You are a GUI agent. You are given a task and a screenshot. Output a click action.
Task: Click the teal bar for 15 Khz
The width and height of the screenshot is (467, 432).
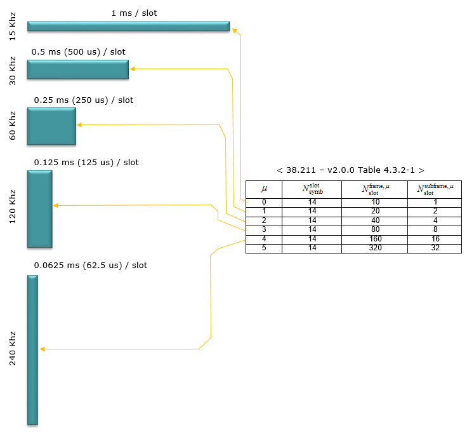coord(128,26)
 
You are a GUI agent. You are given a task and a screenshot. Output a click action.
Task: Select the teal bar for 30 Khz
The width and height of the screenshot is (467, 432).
coord(78,69)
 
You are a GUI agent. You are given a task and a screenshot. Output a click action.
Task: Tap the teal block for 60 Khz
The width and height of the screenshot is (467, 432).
coord(51,126)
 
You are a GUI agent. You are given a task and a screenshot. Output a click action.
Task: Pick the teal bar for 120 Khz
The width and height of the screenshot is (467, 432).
coord(39,209)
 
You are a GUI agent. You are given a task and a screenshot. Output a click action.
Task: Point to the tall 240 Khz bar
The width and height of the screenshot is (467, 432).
coord(32,350)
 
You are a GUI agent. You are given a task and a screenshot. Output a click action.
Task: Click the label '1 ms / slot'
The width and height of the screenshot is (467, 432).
coord(134,13)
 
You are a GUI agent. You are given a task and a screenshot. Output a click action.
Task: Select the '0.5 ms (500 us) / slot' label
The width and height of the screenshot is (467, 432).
coord(78,52)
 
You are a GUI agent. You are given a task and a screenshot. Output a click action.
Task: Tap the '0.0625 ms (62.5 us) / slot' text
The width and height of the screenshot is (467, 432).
coord(91,266)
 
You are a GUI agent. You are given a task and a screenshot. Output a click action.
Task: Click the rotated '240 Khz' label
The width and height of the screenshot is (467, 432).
coord(12,348)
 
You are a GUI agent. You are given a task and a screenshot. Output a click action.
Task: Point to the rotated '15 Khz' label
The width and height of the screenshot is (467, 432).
coord(12,26)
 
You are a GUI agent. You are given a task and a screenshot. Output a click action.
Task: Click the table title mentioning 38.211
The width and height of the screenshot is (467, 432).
coord(350,170)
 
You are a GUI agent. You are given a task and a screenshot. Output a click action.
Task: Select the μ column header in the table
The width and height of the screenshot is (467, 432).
coord(264,189)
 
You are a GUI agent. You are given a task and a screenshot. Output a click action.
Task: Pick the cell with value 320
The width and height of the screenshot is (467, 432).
coord(374,248)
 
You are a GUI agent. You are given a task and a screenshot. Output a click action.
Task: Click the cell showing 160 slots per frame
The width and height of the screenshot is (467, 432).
coord(374,239)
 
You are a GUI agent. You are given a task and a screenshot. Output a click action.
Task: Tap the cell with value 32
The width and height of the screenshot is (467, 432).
coord(435,248)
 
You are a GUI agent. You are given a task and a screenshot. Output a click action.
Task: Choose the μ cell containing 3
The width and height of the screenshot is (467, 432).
coord(264,230)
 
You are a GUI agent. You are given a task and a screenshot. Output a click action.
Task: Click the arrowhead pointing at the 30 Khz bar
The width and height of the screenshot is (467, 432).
coord(133,69)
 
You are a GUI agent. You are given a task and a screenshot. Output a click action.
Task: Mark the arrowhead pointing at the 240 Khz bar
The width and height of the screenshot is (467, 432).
coord(43,349)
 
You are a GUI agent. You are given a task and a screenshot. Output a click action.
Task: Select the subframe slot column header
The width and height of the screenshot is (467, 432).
coord(435,189)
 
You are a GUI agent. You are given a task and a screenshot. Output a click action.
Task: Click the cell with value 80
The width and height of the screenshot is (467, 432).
coord(374,230)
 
